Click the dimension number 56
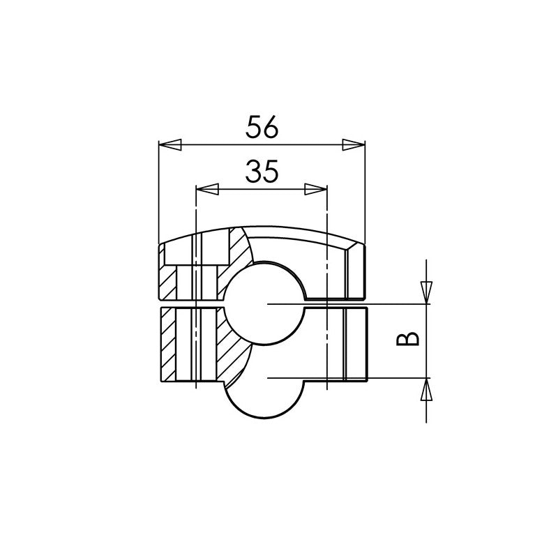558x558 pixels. click(x=262, y=126)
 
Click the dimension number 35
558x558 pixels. click(x=262, y=171)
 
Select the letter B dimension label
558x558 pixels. click(x=407, y=338)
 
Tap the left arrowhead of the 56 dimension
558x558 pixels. click(x=169, y=144)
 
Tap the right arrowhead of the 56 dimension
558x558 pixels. click(x=354, y=144)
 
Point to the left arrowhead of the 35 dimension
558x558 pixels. click(x=207, y=189)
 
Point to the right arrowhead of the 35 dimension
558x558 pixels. click(x=316, y=189)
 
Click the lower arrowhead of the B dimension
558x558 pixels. click(x=426, y=389)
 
